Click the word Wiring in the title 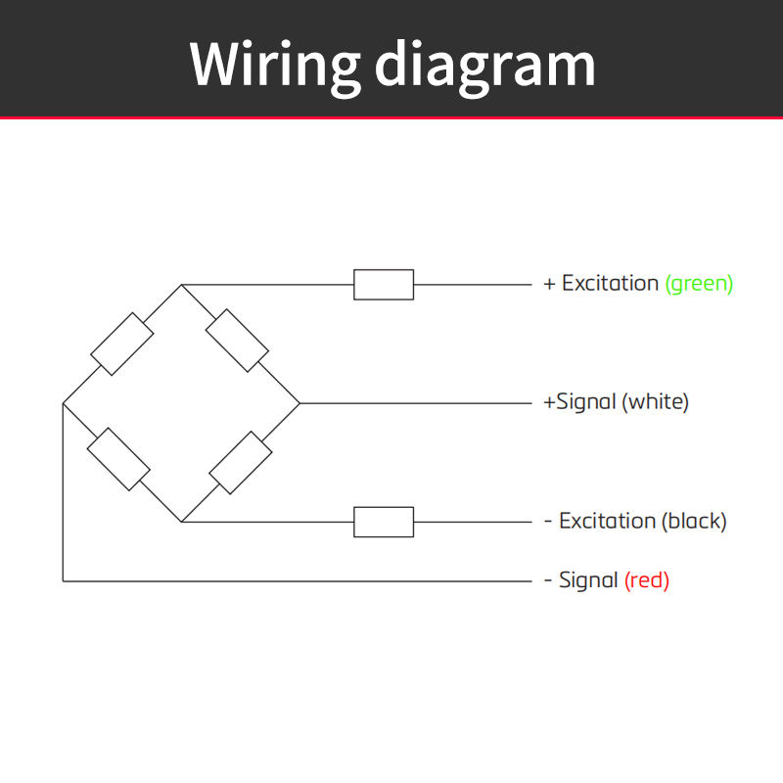[x=275, y=67]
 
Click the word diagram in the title [x=484, y=67]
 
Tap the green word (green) [x=699, y=284]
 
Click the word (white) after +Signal [x=655, y=401]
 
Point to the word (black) [x=694, y=521]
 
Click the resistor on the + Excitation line [x=384, y=285]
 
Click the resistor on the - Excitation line [x=384, y=522]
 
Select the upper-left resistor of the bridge [x=121, y=345]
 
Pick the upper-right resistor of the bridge [x=237, y=341]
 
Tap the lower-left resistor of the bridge [x=118, y=459]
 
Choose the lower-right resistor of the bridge [x=241, y=463]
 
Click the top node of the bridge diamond [x=182, y=285]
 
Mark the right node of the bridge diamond [x=299, y=403]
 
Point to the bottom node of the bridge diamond [x=182, y=522]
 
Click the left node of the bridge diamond [x=63, y=403]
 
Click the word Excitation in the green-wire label [x=610, y=283]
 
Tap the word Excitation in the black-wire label [x=607, y=521]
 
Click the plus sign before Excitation [x=549, y=284]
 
